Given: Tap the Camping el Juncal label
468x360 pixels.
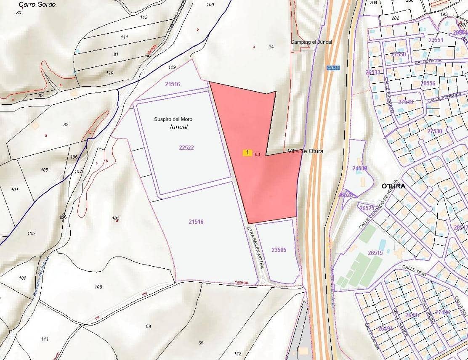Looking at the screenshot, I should coord(311,42).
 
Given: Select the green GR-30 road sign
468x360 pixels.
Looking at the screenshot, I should coord(332,68).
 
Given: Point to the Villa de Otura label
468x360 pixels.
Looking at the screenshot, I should coord(306,151).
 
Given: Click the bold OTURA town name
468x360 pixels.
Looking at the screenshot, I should coord(394,186).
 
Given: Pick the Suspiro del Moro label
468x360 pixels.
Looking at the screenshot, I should coord(173,119).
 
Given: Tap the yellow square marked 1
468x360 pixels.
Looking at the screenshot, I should coord(247,153).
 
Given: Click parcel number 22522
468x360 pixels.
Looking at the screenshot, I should coord(186,148).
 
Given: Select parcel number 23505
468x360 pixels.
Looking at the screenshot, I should coord(279,250).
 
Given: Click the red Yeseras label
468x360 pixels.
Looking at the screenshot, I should coord(242,283).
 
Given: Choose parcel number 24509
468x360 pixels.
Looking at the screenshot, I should coord(360,168).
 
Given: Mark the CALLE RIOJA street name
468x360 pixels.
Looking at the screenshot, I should coord(424,62).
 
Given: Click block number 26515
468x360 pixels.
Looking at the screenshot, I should coord(375,253).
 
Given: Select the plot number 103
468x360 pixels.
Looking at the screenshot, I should coord(116,218).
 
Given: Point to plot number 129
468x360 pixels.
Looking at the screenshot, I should coord(172,67).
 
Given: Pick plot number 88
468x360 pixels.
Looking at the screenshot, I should coord(148,326).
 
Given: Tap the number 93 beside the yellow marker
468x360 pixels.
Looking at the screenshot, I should coord(258,154).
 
